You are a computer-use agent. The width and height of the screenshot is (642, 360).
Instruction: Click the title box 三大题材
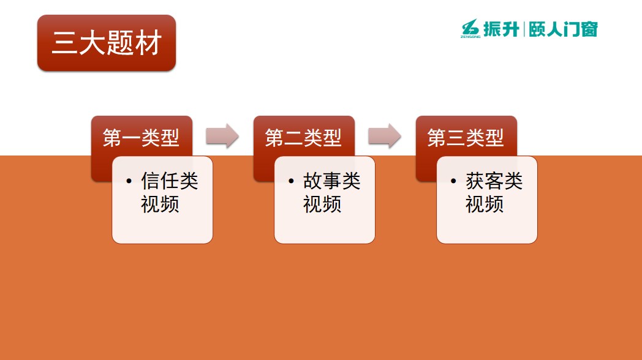pyautogui.click(x=107, y=43)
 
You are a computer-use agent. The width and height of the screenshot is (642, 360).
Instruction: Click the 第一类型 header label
pyautogui.click(x=141, y=138)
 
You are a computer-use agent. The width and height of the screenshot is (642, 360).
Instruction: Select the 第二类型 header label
pyautogui.click(x=303, y=138)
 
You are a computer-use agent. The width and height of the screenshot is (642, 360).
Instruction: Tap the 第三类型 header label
pyautogui.click(x=465, y=138)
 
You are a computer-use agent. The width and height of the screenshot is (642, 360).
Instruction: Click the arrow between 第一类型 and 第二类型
pyautogui.click(x=222, y=136)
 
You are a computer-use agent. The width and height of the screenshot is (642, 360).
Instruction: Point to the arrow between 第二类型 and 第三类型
pyautogui.click(x=385, y=136)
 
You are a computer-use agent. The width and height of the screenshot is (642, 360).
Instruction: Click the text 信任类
pyautogui.click(x=170, y=181)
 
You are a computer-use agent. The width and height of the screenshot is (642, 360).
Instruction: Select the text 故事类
pyautogui.click(x=331, y=181)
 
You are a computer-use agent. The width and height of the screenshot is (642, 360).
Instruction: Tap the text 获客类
pyautogui.click(x=494, y=181)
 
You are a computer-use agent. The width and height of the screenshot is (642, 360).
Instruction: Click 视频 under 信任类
pyautogui.click(x=160, y=204)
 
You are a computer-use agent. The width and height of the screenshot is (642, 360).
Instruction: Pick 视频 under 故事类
pyautogui.click(x=322, y=204)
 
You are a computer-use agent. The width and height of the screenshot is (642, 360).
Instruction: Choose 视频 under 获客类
pyautogui.click(x=485, y=204)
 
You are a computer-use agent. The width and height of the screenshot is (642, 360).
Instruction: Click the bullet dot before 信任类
pyautogui.click(x=129, y=181)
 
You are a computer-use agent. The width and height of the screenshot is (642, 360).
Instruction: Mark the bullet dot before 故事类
pyautogui.click(x=291, y=181)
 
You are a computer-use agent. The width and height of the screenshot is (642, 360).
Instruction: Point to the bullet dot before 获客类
pyautogui.click(x=453, y=181)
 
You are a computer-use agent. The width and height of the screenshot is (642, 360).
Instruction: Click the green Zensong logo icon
pyautogui.click(x=470, y=28)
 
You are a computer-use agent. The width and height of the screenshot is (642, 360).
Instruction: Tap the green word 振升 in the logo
pyautogui.click(x=501, y=29)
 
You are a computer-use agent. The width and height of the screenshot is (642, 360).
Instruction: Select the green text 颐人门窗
pyautogui.click(x=563, y=29)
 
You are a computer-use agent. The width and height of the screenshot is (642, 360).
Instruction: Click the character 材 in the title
pyautogui.click(x=149, y=43)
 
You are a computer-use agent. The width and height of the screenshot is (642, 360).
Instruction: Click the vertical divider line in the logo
pyautogui.click(x=524, y=29)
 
